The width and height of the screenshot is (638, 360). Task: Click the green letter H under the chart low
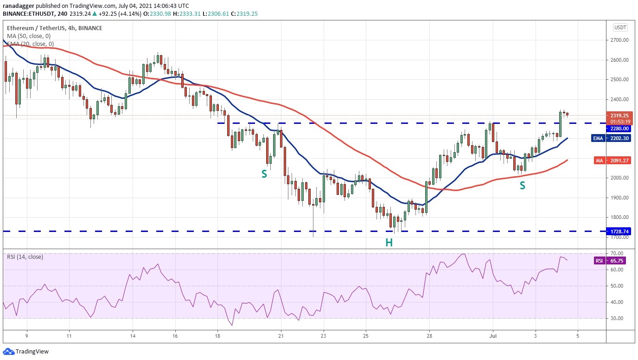tap(389, 243)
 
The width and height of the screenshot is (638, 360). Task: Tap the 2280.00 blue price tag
tap(619, 129)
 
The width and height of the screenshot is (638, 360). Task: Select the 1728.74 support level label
tap(619, 231)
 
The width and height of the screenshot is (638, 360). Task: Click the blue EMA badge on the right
tap(598, 138)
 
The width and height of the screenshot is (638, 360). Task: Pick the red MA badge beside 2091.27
tap(599, 161)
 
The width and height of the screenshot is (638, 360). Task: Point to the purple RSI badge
tap(599, 261)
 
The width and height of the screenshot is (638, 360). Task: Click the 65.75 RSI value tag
tap(618, 261)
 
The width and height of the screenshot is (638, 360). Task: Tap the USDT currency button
tap(620, 27)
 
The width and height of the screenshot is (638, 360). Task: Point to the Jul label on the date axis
tap(493, 336)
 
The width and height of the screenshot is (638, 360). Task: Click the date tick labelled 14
tap(133, 336)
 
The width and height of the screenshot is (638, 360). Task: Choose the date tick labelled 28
tap(429, 336)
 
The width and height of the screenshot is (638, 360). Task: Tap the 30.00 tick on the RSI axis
tap(617, 318)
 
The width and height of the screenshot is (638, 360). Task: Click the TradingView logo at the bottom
tap(26, 352)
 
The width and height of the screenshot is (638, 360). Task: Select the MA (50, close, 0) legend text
tap(29, 36)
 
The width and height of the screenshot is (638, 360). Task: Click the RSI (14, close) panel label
tap(25, 257)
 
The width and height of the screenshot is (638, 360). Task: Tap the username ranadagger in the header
tap(19, 6)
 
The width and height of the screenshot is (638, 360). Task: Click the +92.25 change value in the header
tap(108, 13)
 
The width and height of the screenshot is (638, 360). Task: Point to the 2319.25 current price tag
tap(619, 116)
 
